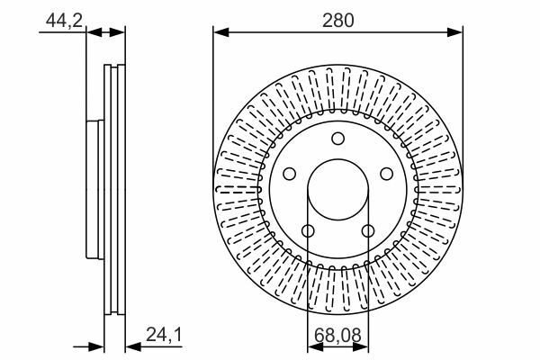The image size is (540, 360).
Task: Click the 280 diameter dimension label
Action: point(337,21)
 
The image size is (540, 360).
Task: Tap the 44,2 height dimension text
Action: point(64,21)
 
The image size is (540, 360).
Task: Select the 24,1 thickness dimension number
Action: point(164,335)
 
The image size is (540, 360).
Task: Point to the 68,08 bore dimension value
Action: point(337,335)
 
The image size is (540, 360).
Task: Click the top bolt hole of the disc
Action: point(337,139)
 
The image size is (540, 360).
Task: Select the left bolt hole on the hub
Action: point(289,174)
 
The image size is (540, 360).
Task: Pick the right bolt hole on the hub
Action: point(386,174)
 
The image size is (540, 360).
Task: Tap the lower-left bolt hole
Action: point(308,230)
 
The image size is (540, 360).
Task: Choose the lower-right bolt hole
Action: point(368,230)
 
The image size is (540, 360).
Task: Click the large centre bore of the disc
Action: point(337,190)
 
